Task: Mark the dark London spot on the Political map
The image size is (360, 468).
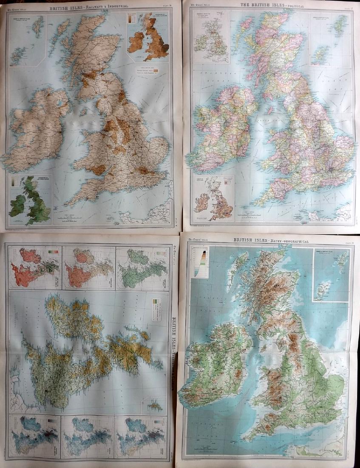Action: [x=330, y=169]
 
